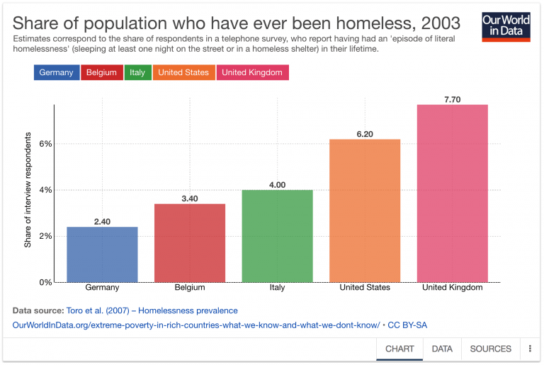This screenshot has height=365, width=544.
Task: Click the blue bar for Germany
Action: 102,254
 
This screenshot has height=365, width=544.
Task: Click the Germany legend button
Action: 56,72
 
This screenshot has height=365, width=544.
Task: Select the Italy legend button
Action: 138,72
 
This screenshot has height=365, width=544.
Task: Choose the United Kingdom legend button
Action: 251,72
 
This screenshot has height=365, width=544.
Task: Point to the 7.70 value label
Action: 453,99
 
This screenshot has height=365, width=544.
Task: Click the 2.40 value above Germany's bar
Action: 102,222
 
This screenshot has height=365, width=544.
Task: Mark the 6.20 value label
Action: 365,134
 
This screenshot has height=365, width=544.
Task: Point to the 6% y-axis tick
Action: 45,144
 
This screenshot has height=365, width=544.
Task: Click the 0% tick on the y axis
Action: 45,282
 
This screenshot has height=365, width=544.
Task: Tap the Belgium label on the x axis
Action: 190,288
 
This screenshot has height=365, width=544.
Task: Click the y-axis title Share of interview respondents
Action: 28,191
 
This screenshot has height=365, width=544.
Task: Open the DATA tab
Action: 442,349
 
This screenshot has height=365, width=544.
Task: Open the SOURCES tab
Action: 490,349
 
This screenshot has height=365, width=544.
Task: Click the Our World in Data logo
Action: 506,26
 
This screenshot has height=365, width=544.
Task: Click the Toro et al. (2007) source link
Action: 152,310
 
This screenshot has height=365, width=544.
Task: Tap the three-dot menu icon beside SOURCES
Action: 530,349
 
